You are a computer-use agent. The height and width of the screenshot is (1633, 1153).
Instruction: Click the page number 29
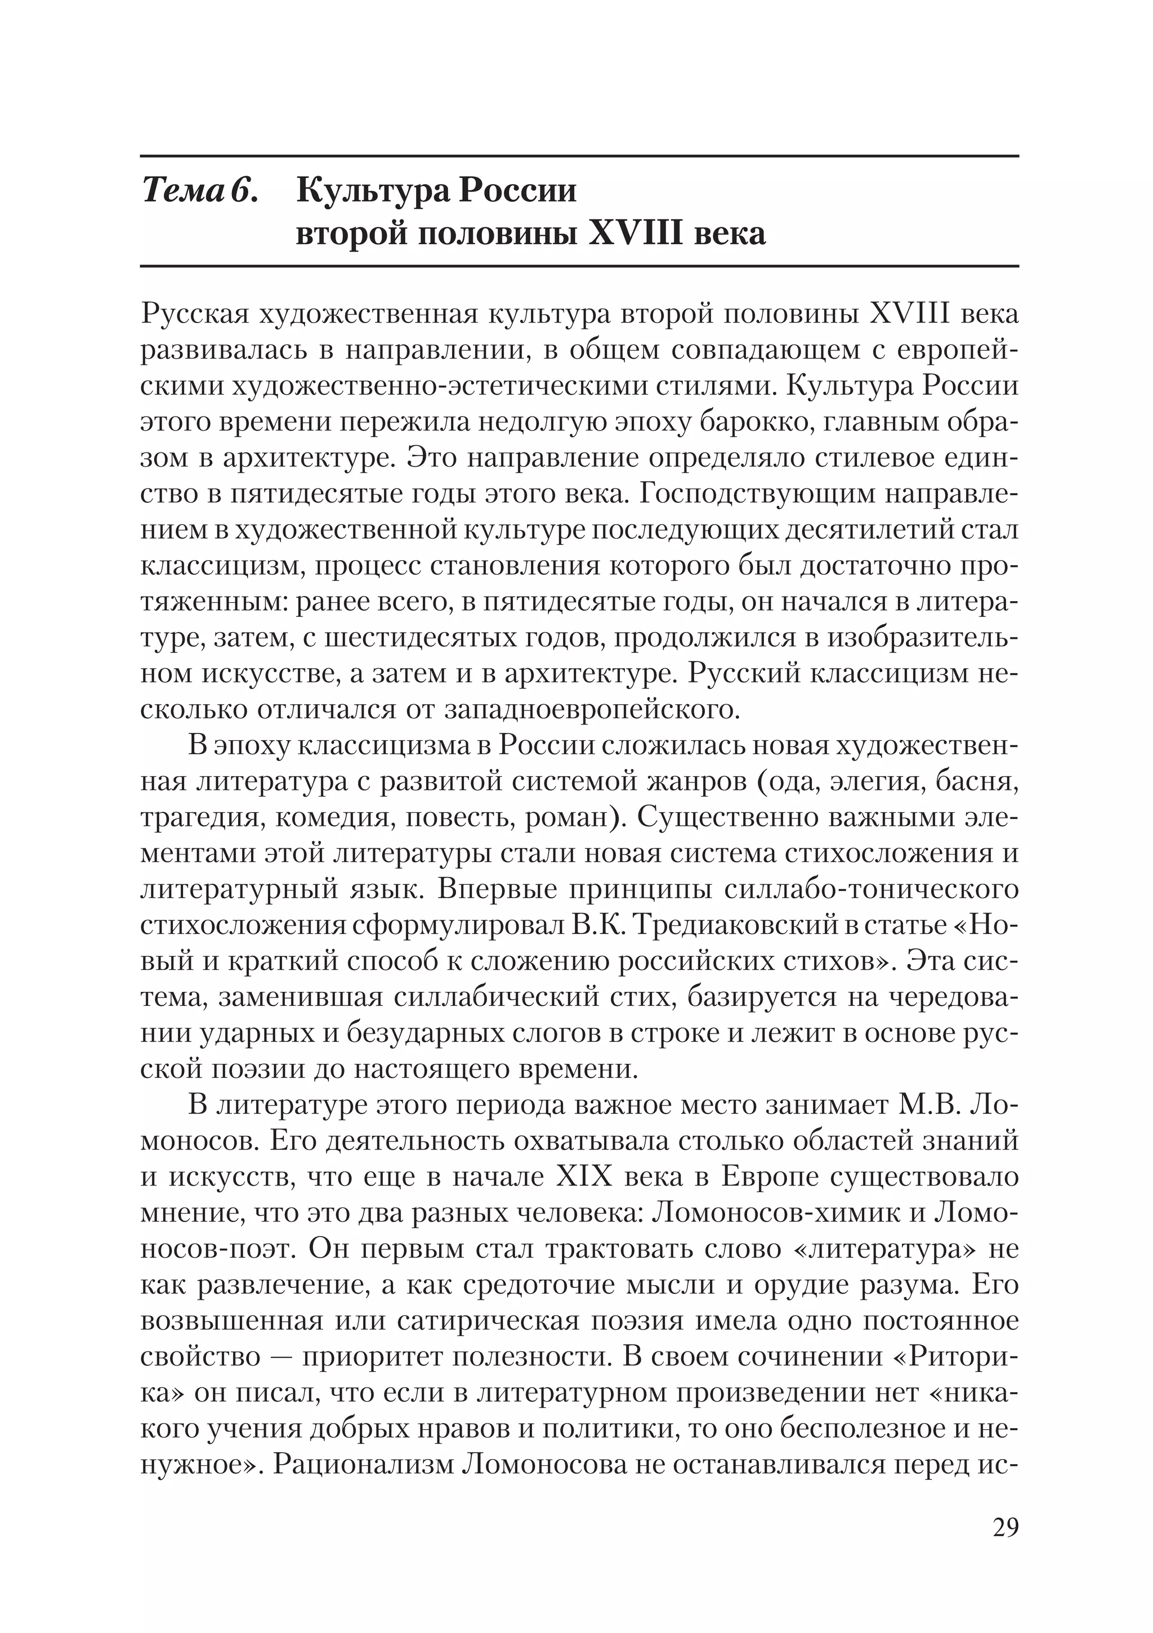click(1005, 1527)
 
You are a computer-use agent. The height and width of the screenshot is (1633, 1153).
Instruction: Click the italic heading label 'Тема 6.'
click(200, 191)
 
